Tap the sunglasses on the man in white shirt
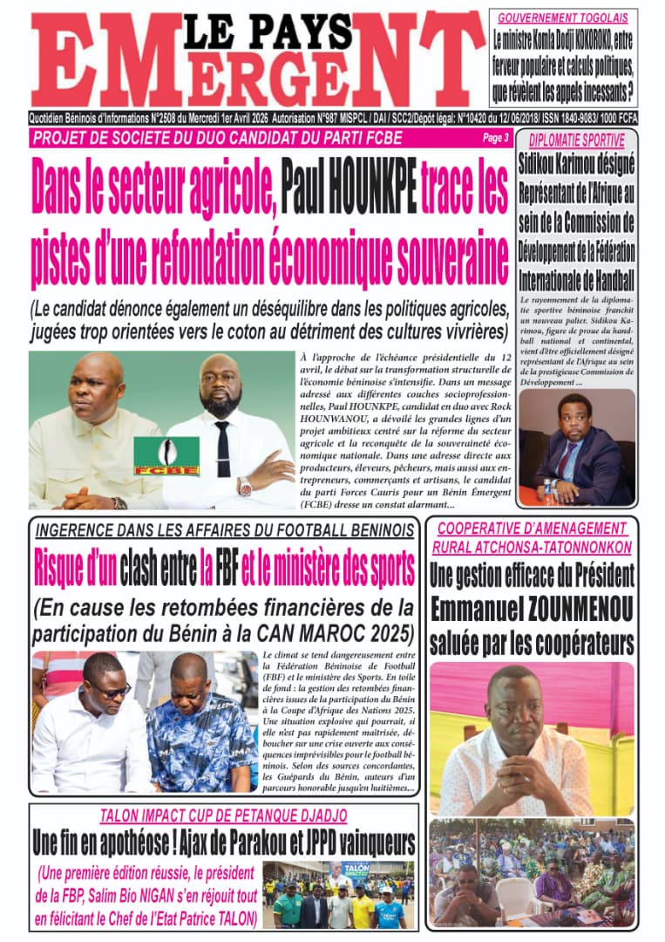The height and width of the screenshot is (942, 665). (110, 691)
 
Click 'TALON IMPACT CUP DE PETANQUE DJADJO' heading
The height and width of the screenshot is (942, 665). (223, 816)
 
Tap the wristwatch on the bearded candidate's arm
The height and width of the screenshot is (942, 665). (246, 487)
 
